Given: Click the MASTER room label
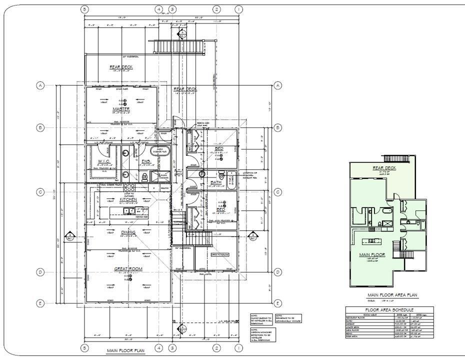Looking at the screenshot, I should click(x=121, y=108).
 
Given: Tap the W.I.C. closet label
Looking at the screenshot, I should click(x=104, y=161).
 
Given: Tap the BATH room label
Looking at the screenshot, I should click(x=216, y=182).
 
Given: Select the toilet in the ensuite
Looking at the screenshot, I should click(x=144, y=176).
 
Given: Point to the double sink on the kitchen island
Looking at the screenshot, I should click(x=129, y=210).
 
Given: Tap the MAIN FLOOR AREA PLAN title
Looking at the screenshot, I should click(x=392, y=295).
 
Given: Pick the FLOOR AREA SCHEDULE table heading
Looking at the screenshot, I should click(x=389, y=310).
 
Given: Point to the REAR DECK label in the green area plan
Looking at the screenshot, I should click(x=384, y=168).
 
